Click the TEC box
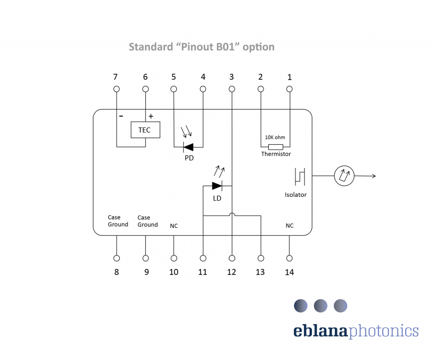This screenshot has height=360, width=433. point(145,130)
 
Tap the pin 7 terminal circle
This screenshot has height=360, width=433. point(116,89)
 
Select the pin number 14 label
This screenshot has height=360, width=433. point(289,272)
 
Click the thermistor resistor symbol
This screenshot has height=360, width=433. point(276,146)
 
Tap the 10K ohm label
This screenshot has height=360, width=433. point(274,137)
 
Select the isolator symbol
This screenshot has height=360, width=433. point(300,177)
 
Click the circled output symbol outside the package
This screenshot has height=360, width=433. point(345,176)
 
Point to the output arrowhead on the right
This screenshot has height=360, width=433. point(374,176)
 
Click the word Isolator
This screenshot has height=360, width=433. point(295,195)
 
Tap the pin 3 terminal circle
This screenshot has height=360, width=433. point(231,89)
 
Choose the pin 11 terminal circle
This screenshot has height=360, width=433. point(203,258)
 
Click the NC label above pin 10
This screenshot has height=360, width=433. point(174,226)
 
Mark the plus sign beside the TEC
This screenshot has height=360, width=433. point(151,116)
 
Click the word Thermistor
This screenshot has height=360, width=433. point(276,154)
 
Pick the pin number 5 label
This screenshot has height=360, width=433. point(174,77)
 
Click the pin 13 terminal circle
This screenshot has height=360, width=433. point(260,258)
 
